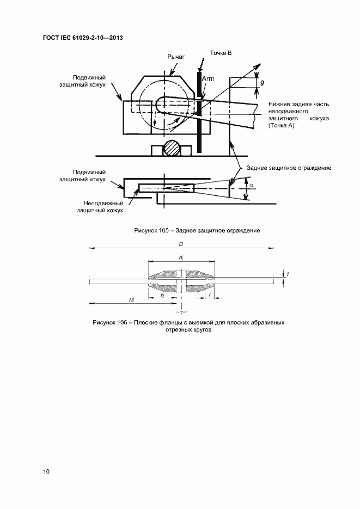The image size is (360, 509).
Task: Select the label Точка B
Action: coord(221,53)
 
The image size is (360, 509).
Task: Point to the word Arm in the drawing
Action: coord(208,79)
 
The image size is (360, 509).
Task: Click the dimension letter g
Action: coord(263,82)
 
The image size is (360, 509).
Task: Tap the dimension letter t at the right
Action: coord(288,274)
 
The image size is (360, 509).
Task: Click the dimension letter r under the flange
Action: coord(210,295)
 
